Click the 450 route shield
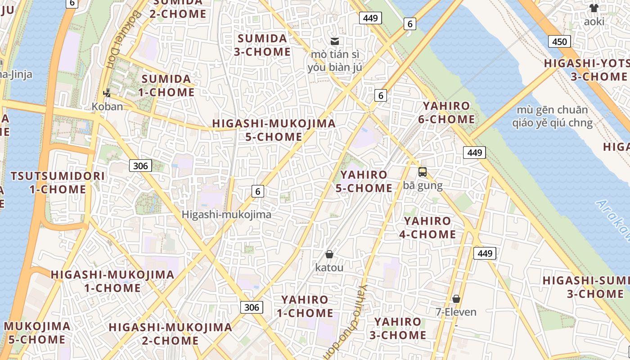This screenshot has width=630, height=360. [x=559, y=42]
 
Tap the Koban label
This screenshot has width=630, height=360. [x=107, y=107]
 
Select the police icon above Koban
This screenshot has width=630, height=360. [x=107, y=93]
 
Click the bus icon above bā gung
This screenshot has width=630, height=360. [x=422, y=172]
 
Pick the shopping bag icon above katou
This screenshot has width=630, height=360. [x=329, y=254]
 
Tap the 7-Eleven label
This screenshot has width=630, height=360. [x=456, y=312]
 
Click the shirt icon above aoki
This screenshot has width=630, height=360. [x=594, y=8]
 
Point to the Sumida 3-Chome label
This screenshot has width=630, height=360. [x=262, y=45]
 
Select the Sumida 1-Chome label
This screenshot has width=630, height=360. [x=168, y=86]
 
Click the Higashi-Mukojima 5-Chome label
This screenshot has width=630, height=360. [x=274, y=130]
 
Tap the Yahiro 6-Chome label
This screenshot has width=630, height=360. [x=446, y=113]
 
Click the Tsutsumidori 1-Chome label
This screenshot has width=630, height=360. [x=58, y=183]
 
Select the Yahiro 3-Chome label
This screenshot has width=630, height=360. [x=398, y=328]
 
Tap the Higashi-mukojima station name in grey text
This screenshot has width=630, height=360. [x=226, y=215]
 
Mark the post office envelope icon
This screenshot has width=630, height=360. [x=335, y=41]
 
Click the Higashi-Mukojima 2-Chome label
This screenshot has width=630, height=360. [x=170, y=334]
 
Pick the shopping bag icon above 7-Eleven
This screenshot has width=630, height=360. [x=456, y=299]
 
